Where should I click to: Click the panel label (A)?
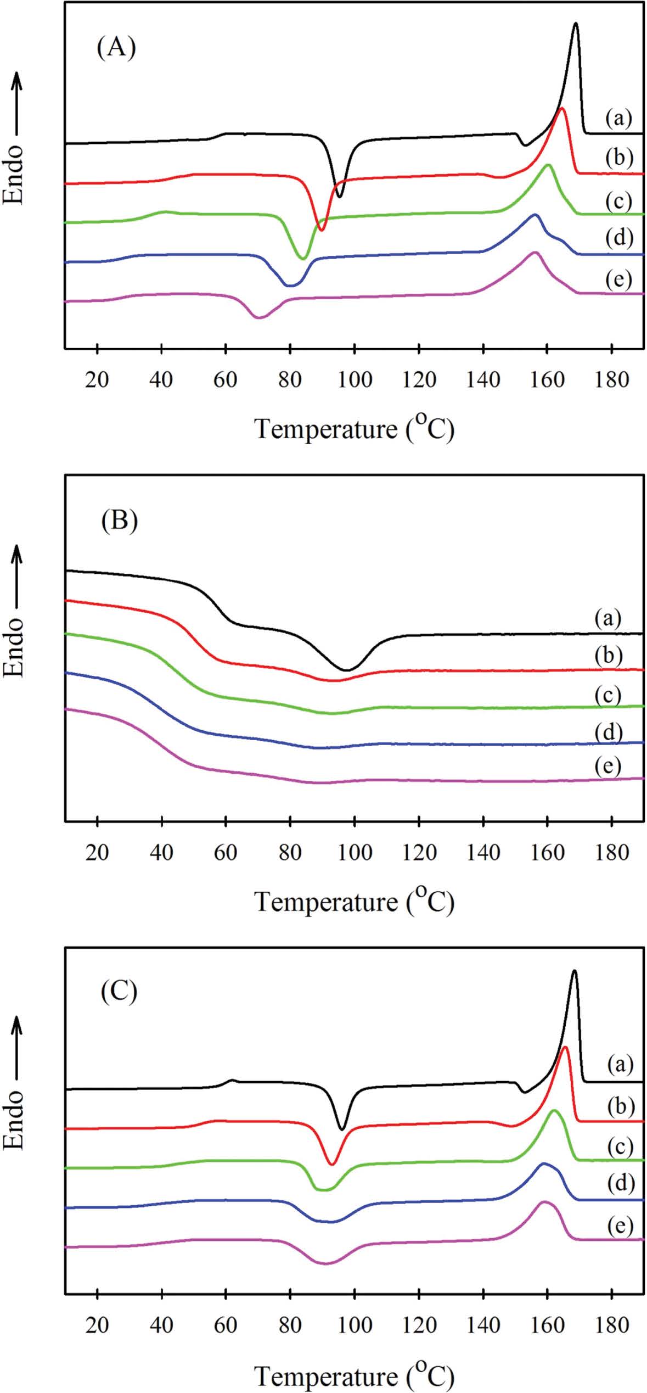point(116,48)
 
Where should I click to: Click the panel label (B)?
point(119,520)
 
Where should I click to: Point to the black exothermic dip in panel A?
point(339,195)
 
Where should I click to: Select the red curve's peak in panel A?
point(561,109)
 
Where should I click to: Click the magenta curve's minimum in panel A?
point(259,317)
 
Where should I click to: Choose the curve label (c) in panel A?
point(618,201)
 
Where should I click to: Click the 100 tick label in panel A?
point(355,379)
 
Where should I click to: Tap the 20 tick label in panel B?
point(97,852)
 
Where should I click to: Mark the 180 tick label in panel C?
point(612,1325)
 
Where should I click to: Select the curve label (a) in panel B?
point(608,618)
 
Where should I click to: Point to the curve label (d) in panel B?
point(608,731)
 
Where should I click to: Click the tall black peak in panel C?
point(574,971)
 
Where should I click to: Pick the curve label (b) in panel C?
point(620,1105)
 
